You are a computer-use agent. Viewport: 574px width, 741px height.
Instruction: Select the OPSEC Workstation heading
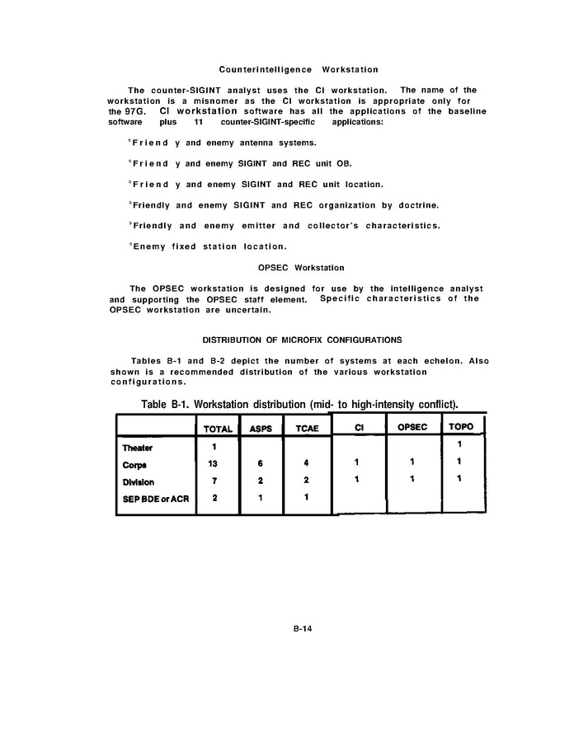(300, 268)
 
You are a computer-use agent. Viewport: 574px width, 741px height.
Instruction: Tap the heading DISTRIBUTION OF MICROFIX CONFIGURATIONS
(302, 340)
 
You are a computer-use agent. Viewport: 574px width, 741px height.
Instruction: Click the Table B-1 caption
(299, 403)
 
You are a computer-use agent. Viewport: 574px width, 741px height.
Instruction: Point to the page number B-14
(300, 628)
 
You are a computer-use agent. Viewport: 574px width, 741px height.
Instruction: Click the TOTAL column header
(218, 429)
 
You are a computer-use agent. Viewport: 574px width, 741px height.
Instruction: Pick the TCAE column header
(306, 429)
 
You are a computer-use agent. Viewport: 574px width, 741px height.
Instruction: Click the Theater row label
(138, 448)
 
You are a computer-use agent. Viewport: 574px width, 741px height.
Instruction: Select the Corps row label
(134, 464)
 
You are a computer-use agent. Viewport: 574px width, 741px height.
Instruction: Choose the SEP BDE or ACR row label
(155, 499)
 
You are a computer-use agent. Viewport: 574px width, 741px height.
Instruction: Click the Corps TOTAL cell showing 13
(213, 464)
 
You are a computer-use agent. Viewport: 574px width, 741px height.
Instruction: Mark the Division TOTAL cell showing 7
(213, 481)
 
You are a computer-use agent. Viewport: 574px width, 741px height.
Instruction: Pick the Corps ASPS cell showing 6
(261, 464)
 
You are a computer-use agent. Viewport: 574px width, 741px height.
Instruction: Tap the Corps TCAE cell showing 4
(306, 464)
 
